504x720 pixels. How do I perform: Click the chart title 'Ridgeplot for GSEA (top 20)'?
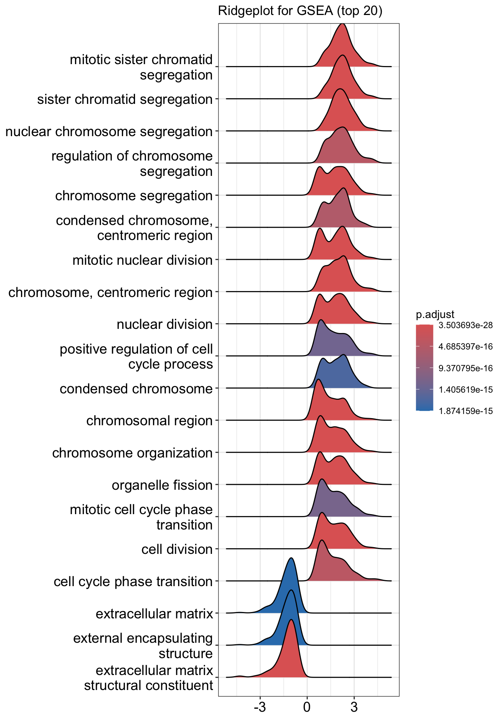pos(300,11)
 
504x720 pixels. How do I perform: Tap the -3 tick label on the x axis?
pos(259,708)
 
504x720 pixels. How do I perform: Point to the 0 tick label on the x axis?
pos(307,708)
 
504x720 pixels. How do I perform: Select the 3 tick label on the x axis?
pos(354,708)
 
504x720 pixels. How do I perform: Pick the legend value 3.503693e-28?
pos(466,325)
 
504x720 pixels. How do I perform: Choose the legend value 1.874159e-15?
pos(466,411)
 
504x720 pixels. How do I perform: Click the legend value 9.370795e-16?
pos(466,368)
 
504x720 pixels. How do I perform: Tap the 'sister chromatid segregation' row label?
pos(125,99)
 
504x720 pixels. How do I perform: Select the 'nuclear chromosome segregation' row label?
pos(109,132)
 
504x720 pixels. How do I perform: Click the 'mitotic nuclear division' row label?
pos(142,260)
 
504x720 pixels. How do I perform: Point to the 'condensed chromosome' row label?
pos(136,389)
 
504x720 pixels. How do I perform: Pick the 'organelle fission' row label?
pos(162,485)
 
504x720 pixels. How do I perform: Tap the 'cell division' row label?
pos(177,549)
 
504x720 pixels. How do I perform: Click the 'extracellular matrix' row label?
pos(154,614)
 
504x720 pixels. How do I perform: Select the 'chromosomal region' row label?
pos(149,421)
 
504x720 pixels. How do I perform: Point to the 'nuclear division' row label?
pos(165,324)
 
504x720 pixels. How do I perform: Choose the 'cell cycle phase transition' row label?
pos(133,582)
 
